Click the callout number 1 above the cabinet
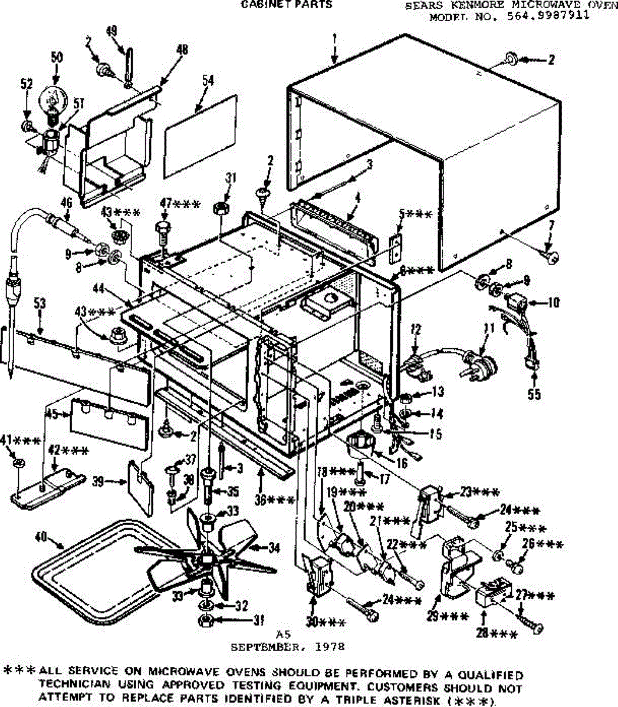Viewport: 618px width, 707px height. point(334,39)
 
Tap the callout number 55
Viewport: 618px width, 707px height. point(534,394)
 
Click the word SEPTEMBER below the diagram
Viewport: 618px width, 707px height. point(261,646)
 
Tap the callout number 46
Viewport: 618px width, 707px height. point(66,203)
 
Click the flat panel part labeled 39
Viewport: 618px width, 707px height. point(141,480)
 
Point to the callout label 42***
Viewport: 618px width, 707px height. point(68,452)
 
